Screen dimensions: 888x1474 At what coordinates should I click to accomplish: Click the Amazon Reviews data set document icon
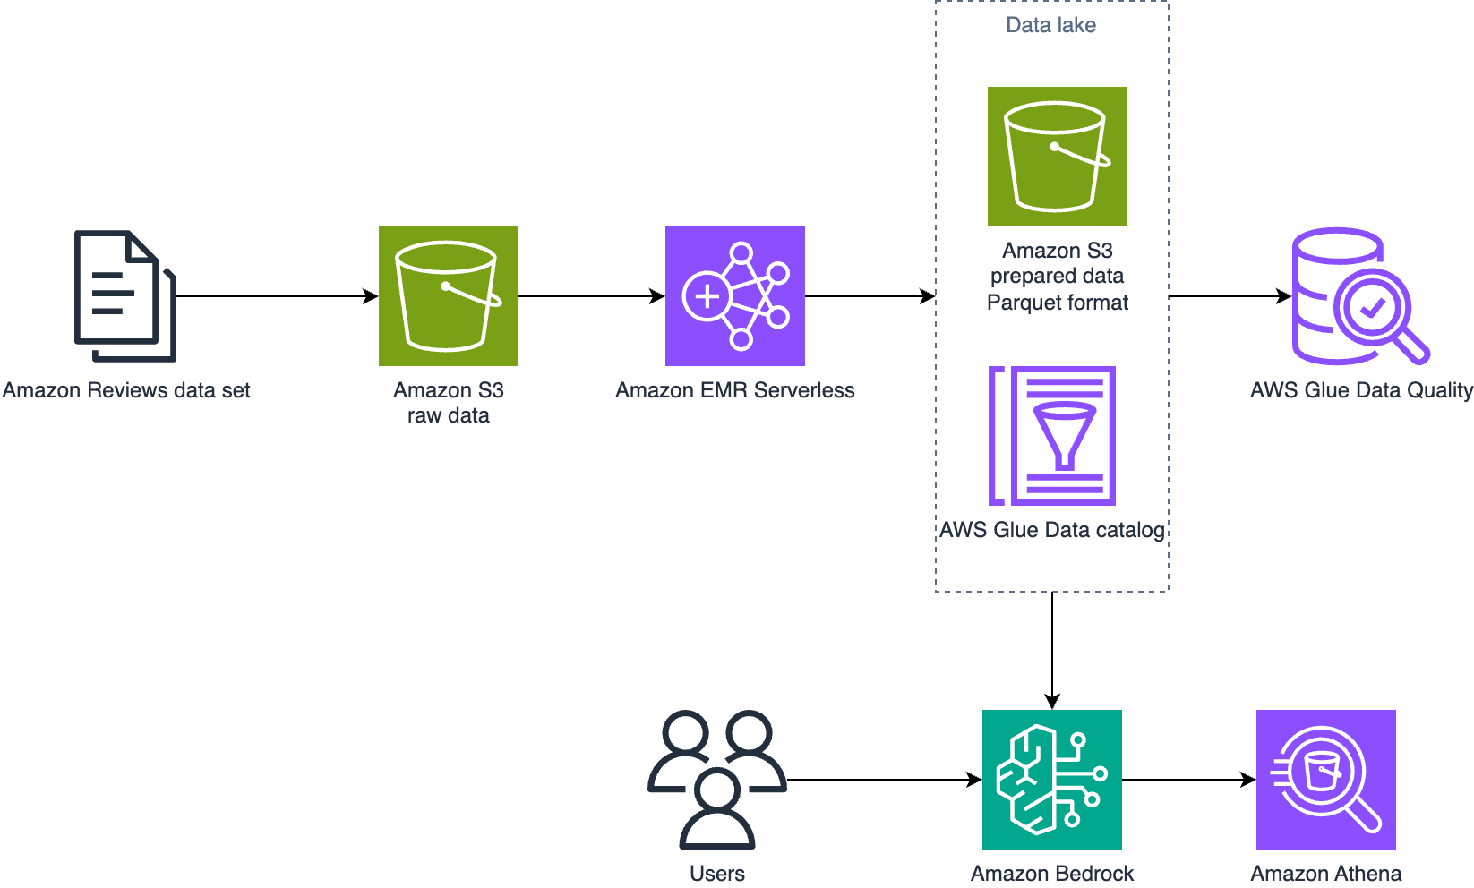[x=124, y=296]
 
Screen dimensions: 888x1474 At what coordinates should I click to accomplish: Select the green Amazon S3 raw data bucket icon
[x=448, y=296]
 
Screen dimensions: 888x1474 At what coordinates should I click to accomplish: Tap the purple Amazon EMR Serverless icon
[x=734, y=296]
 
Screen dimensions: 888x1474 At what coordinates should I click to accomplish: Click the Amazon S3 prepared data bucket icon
[x=1057, y=157]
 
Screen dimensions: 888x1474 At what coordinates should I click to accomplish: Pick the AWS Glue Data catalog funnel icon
[x=1052, y=436]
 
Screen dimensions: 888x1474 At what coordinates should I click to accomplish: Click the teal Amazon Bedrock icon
[x=1051, y=779]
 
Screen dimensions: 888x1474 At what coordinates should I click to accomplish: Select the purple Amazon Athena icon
[x=1325, y=779]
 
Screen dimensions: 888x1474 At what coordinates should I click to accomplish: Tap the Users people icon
[x=716, y=779]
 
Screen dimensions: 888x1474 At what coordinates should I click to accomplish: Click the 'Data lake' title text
[x=1050, y=25]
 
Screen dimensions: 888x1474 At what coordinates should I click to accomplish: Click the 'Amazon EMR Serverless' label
[x=734, y=390]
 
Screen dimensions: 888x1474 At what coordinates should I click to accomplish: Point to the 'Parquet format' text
[x=1057, y=303]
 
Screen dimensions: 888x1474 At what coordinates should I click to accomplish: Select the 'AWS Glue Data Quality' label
[x=1361, y=390]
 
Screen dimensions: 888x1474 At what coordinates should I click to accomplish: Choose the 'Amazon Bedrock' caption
[x=1051, y=873]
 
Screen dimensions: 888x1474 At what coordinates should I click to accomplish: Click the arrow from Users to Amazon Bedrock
[x=882, y=780]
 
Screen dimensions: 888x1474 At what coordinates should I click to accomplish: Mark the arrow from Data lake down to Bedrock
[x=1052, y=649]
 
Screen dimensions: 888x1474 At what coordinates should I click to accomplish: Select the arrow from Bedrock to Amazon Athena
[x=1187, y=780]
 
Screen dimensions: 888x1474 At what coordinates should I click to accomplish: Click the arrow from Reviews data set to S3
[x=278, y=296]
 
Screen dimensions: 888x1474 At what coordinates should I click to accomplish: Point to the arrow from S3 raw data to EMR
[x=591, y=296]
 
